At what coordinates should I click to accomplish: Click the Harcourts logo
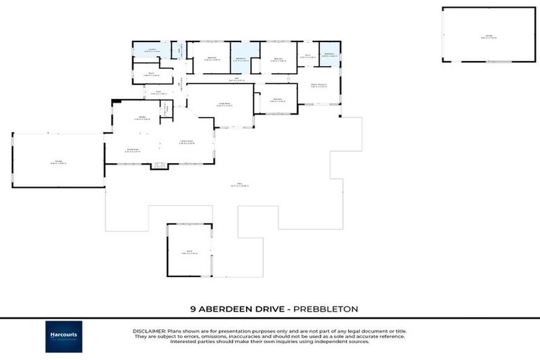coord(64,336)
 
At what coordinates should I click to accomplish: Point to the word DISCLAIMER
coord(149,330)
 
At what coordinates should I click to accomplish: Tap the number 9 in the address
coord(192,308)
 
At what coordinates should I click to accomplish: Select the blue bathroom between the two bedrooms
coord(241,58)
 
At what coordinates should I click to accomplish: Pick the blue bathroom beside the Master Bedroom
coord(329,55)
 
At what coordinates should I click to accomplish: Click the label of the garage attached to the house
coord(58,162)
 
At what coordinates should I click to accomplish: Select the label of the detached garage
coord(489,36)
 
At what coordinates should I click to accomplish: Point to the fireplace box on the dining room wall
coord(159,166)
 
